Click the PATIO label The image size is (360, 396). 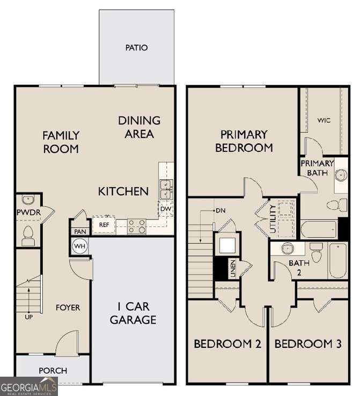(x=136, y=48)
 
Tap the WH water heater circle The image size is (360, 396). (x=80, y=246)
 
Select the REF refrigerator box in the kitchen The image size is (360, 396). (x=104, y=225)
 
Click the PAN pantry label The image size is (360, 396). (x=80, y=231)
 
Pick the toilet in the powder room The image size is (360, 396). (x=28, y=234)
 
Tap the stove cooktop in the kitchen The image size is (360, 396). (x=136, y=226)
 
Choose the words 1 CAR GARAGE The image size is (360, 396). (x=133, y=313)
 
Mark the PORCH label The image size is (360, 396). (x=53, y=370)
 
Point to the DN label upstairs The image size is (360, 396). (x=220, y=210)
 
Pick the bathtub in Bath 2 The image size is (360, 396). (x=338, y=261)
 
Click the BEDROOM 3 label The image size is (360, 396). (x=307, y=343)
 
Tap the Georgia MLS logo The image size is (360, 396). (x=28, y=386)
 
